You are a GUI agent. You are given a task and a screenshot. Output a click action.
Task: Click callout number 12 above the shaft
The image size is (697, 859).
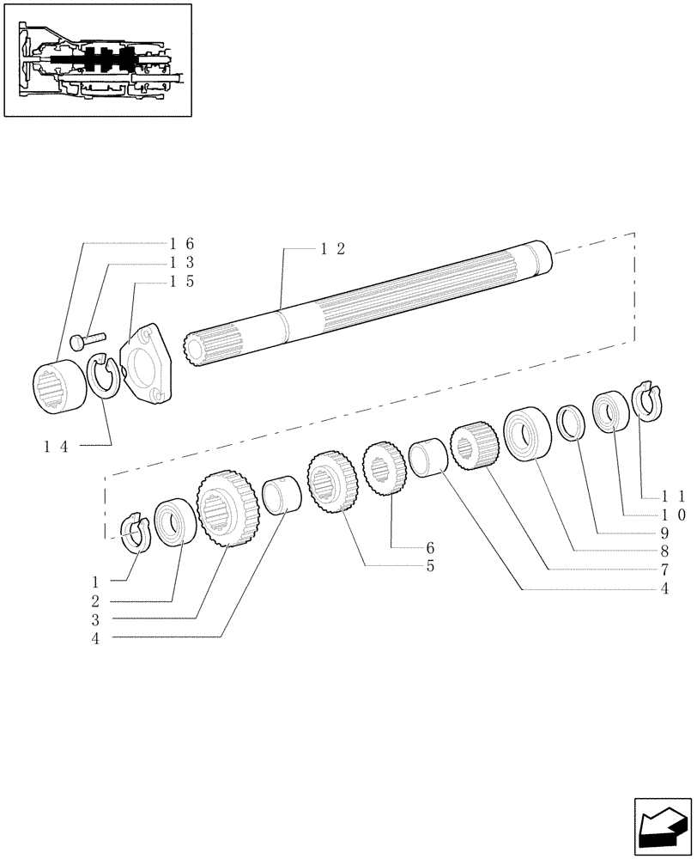pos(333,248)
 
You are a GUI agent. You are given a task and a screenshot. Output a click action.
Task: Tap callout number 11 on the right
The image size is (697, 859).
pos(674,497)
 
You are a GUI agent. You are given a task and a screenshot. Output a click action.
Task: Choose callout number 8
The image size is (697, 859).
pos(664,551)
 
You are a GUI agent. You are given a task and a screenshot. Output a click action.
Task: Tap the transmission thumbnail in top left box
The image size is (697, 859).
pos(97,59)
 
